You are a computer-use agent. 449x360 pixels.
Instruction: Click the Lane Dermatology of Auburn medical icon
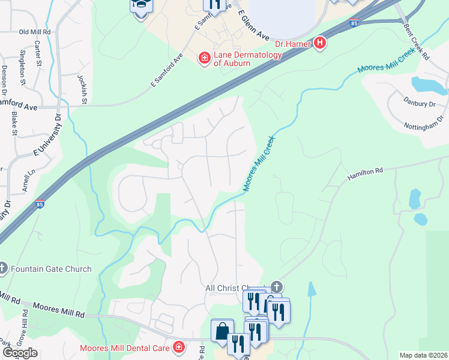[204, 58]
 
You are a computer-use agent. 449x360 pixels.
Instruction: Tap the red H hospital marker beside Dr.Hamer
[320, 43]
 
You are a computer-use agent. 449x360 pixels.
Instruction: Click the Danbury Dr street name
[419, 104]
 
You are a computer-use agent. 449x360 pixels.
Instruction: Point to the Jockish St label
[82, 89]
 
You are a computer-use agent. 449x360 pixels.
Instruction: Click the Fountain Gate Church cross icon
[3, 269]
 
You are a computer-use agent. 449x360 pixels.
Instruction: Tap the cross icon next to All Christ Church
[276, 287]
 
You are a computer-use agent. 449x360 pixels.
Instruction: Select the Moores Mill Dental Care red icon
[178, 347]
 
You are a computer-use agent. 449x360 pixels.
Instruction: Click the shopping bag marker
[222, 330]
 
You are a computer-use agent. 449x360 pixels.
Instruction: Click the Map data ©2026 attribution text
[423, 355]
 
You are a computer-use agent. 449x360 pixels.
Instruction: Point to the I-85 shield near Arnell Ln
[40, 203]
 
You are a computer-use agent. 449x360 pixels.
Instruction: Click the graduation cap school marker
[142, 5]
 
